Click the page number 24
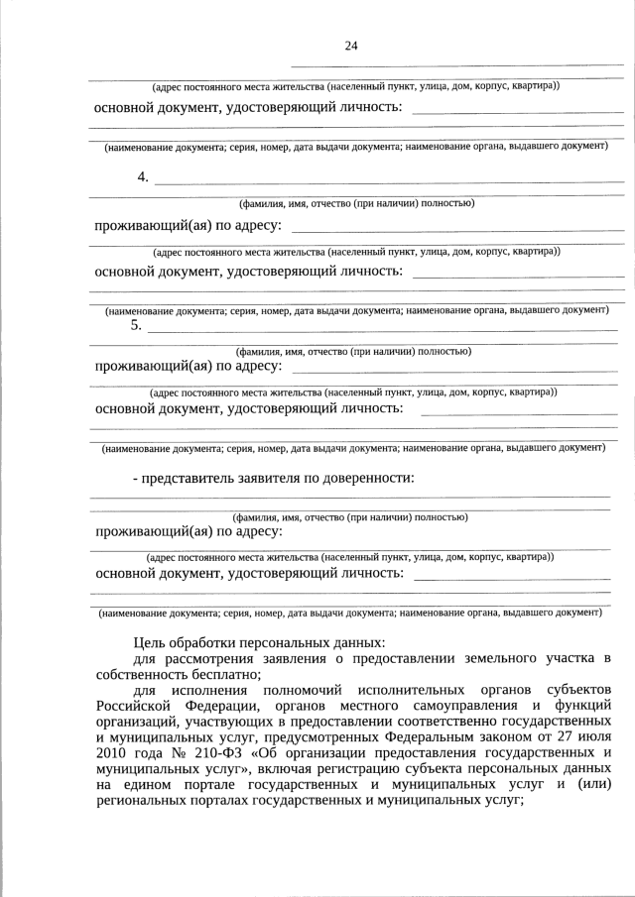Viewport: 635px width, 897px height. (351, 45)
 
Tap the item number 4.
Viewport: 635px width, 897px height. (143, 177)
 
